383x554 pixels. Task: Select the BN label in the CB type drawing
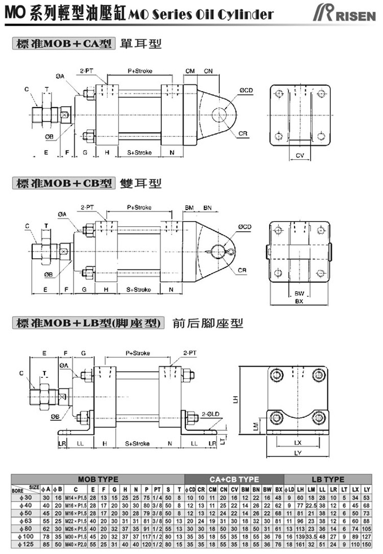click(x=207, y=208)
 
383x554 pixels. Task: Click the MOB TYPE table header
click(x=98, y=479)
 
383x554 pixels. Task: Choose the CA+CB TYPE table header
click(x=234, y=479)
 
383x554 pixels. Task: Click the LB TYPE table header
click(x=328, y=479)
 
